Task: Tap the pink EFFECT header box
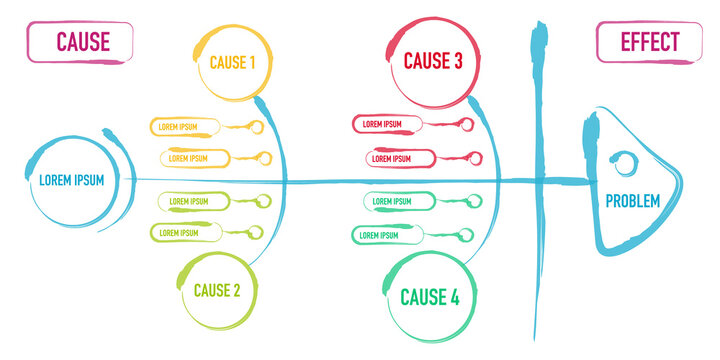click(649, 42)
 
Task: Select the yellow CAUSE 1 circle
click(232, 62)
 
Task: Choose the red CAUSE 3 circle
click(432, 61)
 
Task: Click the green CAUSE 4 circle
click(429, 296)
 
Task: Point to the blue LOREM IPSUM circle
click(71, 180)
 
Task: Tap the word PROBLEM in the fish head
click(632, 202)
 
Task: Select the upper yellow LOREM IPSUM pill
click(185, 127)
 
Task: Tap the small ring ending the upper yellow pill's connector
click(256, 127)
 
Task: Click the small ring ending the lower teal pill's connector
click(464, 235)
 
